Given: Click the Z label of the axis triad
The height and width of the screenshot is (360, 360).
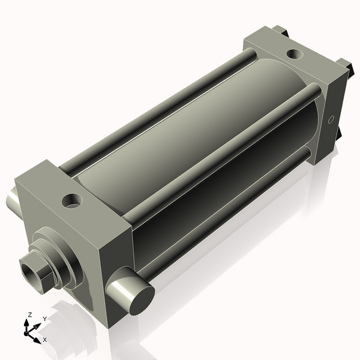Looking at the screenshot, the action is tap(29, 315).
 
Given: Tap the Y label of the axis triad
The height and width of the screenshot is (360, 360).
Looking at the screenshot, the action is tap(45, 319).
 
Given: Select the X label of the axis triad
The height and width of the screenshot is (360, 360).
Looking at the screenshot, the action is tap(45, 340).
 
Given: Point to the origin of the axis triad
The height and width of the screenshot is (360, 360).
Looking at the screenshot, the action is tap(26, 333).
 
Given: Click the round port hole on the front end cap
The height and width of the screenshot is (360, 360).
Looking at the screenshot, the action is tap(72, 201).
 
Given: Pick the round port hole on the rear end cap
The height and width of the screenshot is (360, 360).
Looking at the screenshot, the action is tap(295, 54).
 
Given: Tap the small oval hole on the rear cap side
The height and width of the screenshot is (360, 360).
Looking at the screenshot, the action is tap(331, 119).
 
